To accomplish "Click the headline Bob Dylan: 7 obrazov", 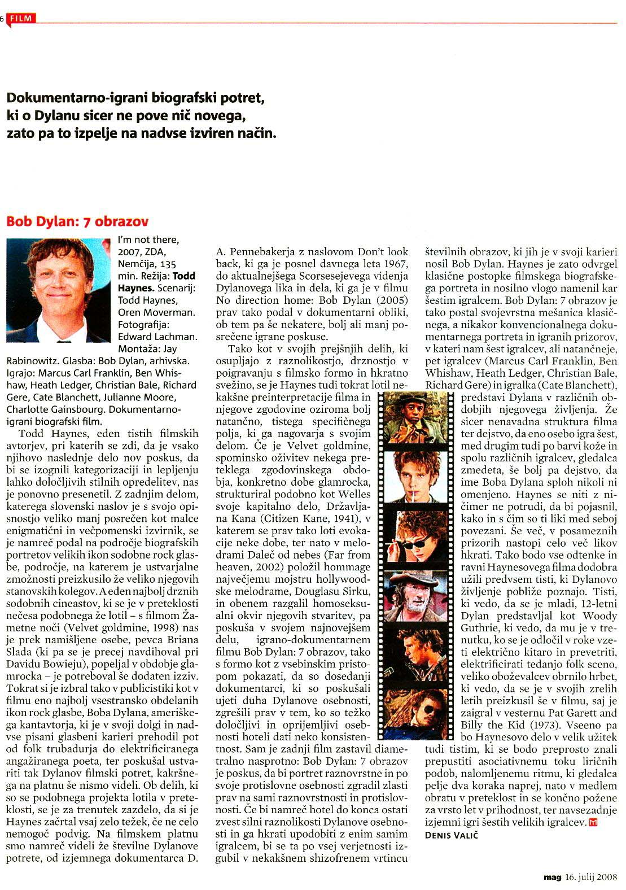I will coord(77,221).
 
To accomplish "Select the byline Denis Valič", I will coord(452,835).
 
